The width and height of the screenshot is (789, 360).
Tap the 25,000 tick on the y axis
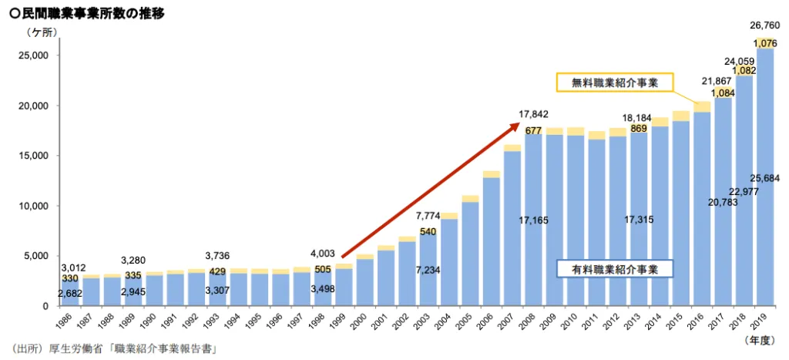pyautogui.click(x=35, y=56)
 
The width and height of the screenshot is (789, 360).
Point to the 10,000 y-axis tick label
pyautogui.click(x=35, y=206)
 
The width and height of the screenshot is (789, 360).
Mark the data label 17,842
pyautogui.click(x=533, y=114)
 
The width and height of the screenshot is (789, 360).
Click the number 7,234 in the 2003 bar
pyautogui.click(x=428, y=270)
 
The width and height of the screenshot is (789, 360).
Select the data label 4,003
pyautogui.click(x=324, y=253)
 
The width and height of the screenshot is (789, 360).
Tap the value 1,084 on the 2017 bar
pyautogui.click(x=722, y=93)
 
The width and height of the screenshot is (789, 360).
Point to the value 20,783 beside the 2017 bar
pyautogui.click(x=698, y=203)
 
